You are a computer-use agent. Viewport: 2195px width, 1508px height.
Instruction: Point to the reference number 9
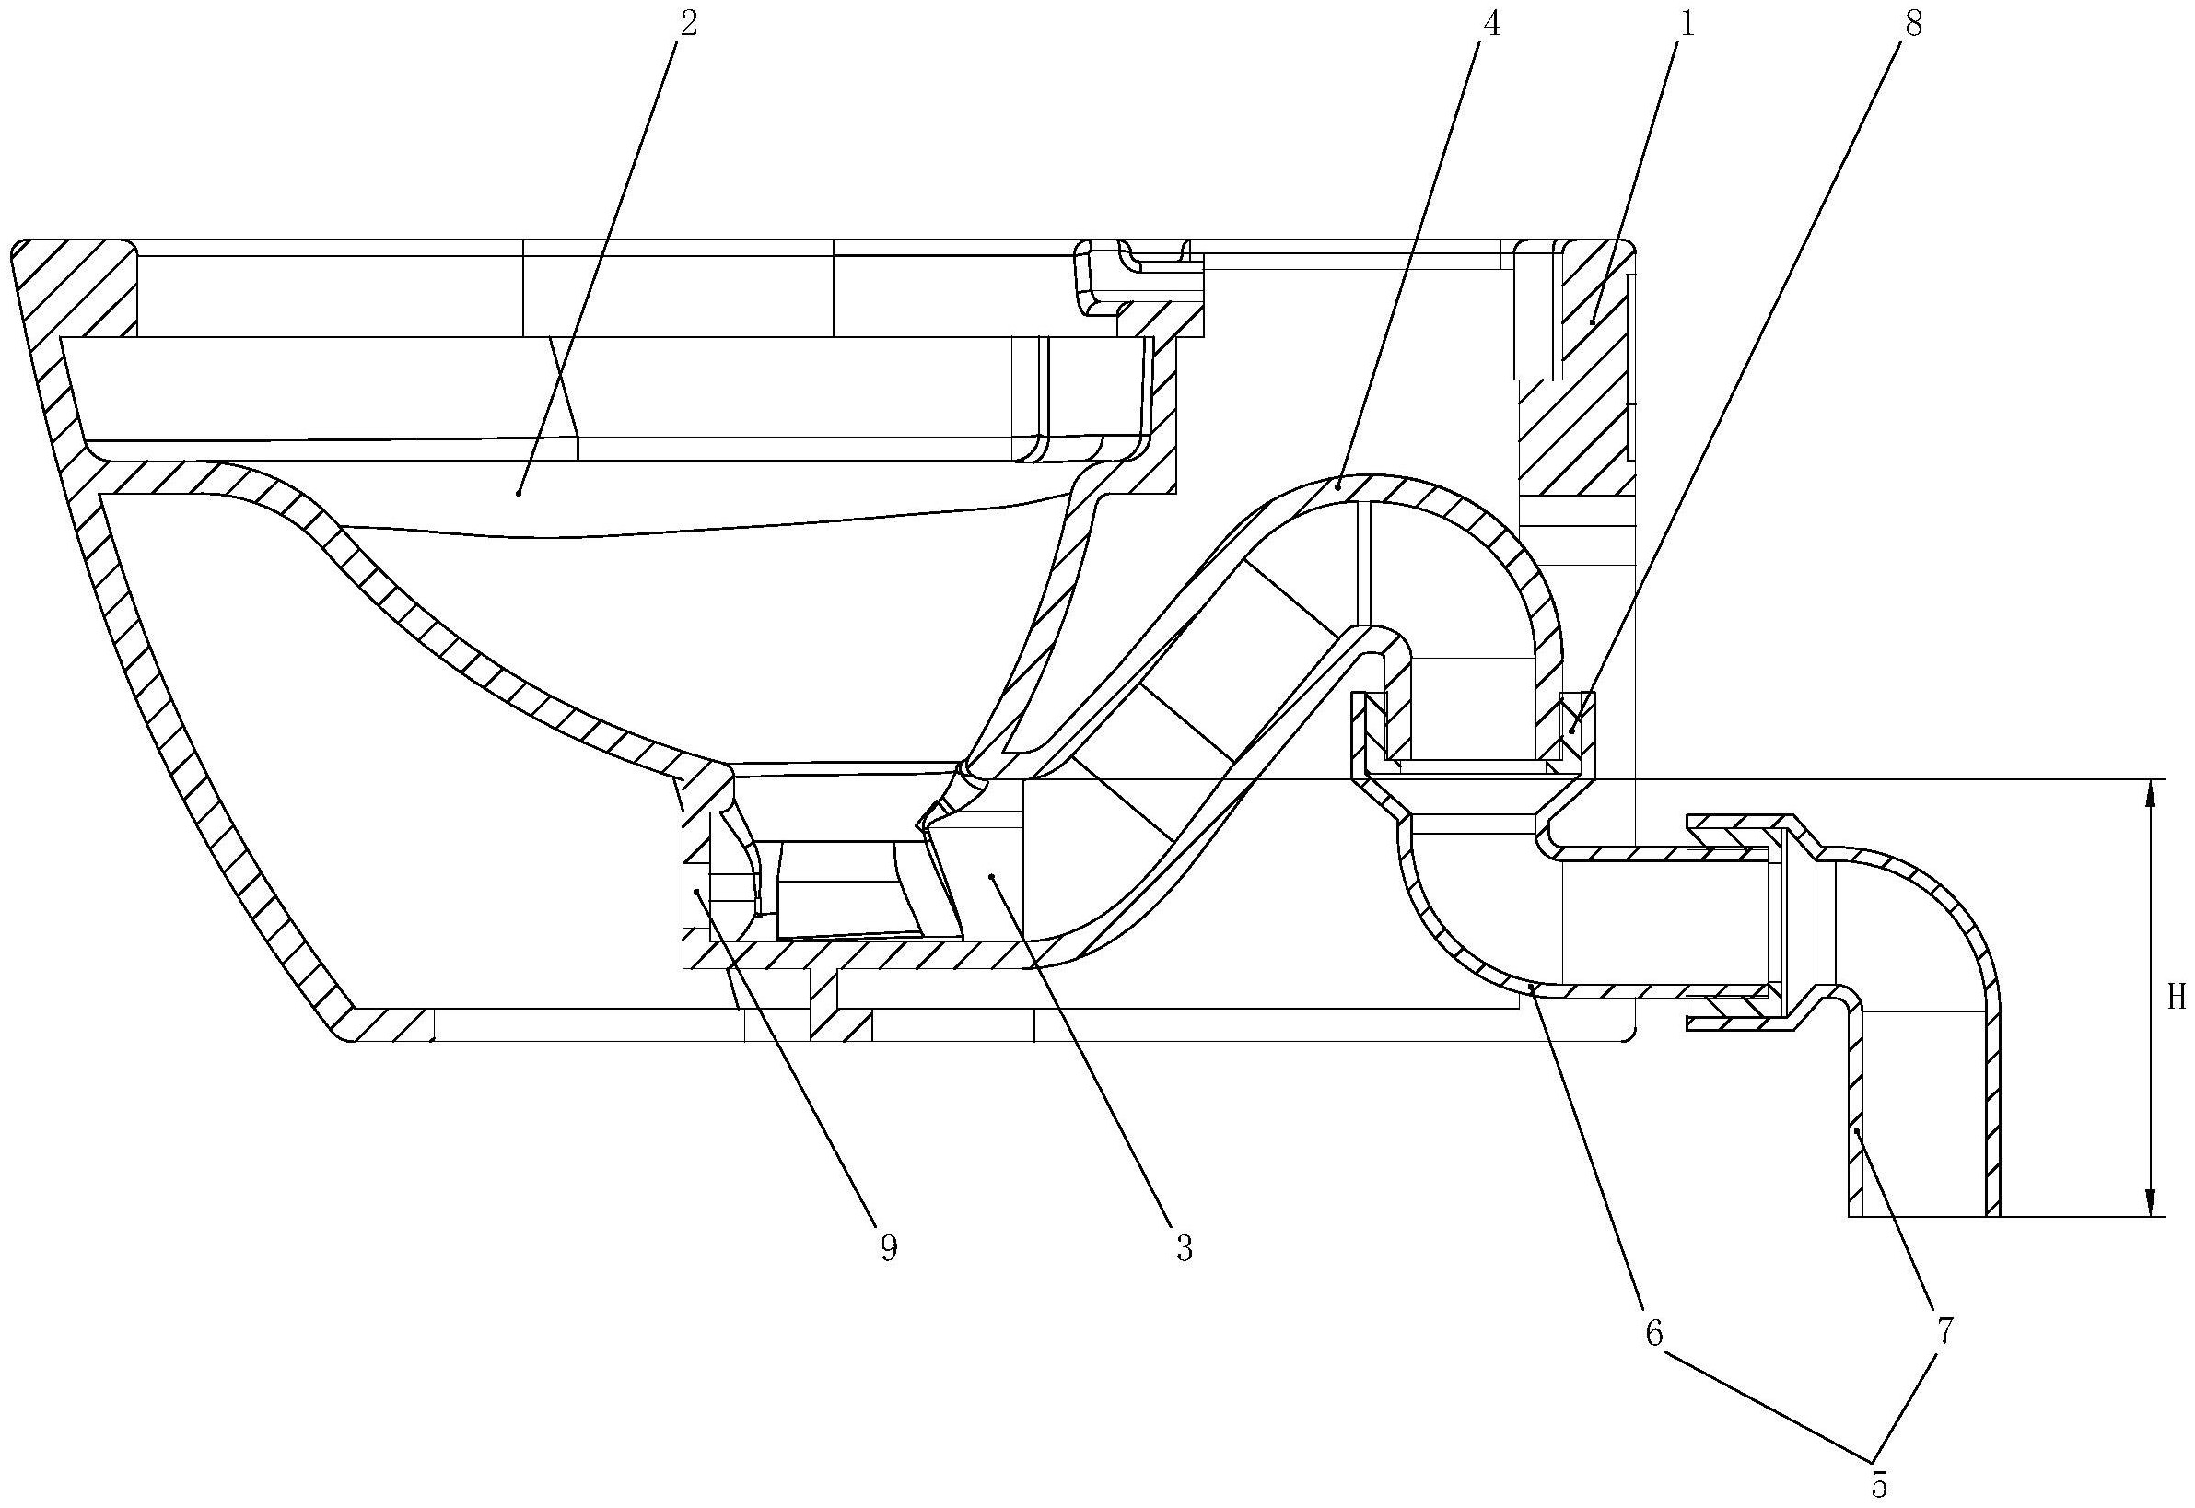[x=889, y=1248]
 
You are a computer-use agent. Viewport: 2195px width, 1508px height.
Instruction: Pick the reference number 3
[x=1185, y=1248]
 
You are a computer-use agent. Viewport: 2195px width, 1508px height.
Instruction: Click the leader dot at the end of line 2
[x=519, y=492]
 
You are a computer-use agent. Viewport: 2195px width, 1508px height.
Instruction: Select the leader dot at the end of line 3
[x=991, y=877]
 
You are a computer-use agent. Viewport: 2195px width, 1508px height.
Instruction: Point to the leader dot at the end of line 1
[x=1592, y=323]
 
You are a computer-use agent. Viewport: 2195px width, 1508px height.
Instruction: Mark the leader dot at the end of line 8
[x=1572, y=731]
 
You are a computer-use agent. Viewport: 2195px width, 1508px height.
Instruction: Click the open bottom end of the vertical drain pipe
[x=1924, y=1215]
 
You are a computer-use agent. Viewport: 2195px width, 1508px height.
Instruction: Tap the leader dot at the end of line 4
[x=1340, y=485]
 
